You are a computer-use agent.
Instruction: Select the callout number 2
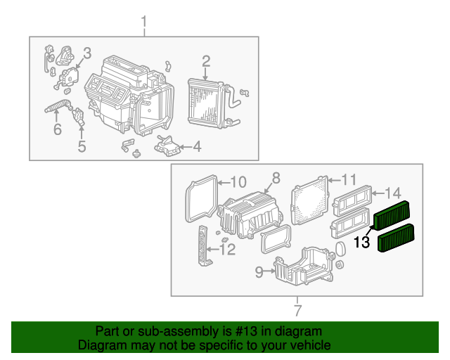pos(206,61)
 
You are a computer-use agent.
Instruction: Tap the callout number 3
pos(86,53)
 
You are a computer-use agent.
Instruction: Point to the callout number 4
pos(197,147)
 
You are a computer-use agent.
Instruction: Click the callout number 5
pos(82,146)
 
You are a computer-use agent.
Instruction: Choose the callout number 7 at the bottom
pos(297,310)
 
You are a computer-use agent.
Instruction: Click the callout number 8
pos(276,179)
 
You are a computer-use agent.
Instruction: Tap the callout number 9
pos(258,270)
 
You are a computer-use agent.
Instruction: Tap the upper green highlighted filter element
pos(396,214)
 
